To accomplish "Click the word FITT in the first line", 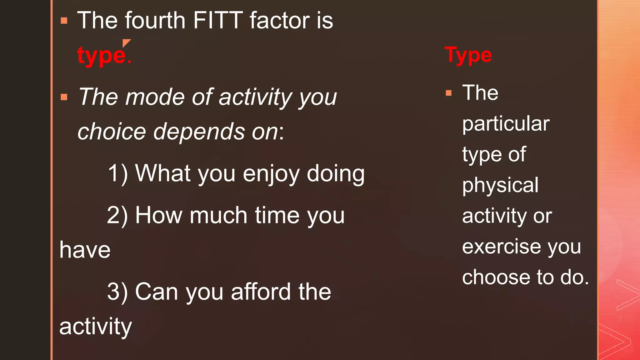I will coord(218,21).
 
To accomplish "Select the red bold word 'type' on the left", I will coord(101,56).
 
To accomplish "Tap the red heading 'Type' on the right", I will coord(468,55).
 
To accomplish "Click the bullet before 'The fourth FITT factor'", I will coord(64,21).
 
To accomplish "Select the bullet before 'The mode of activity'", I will coord(64,97).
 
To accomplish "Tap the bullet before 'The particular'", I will coord(449,93).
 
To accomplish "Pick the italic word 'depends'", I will coord(199,132).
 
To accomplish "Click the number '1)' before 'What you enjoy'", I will coord(117,173).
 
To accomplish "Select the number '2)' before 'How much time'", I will coord(117,215).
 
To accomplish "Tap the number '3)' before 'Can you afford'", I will coord(117,292).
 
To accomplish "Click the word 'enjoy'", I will coord(271,174).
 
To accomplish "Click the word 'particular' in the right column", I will coord(506,124).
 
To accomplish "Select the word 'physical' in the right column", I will coord(500,185).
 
